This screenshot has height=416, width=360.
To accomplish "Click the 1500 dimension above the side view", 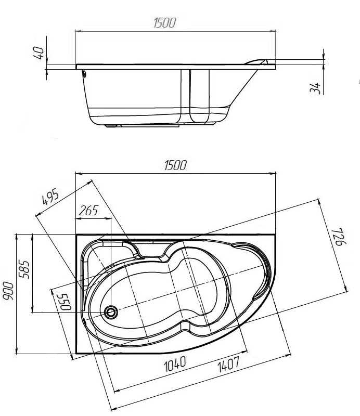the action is pyautogui.click(x=164, y=23).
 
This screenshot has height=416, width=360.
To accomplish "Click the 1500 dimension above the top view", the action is pyautogui.click(x=175, y=165).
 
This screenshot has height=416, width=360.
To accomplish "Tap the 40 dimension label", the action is pyautogui.click(x=39, y=53).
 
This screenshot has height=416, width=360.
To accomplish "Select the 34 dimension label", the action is pyautogui.click(x=315, y=87).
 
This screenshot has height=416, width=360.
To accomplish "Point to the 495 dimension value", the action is pyautogui.click(x=50, y=197).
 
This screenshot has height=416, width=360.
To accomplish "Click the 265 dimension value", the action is pyautogui.click(x=88, y=211).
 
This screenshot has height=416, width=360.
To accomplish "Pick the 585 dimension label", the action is pyautogui.click(x=24, y=269).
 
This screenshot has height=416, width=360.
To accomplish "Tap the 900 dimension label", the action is pyautogui.click(x=8, y=291).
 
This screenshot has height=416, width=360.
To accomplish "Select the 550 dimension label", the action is pyautogui.click(x=66, y=302).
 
